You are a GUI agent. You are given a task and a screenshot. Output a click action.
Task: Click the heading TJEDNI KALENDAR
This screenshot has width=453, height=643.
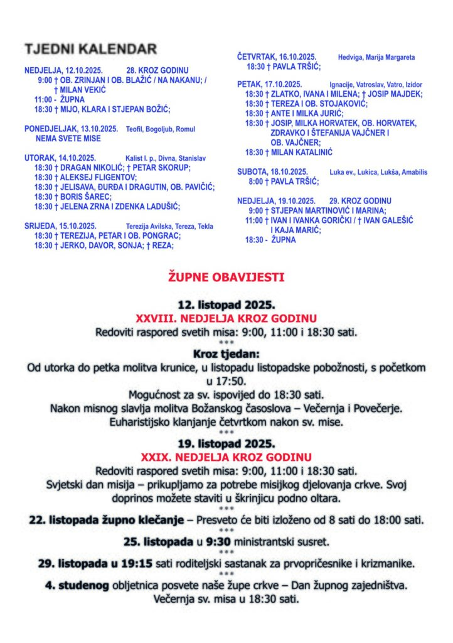click(x=90, y=49)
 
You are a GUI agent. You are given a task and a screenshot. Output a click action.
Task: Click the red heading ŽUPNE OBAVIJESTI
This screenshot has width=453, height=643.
click(x=226, y=276)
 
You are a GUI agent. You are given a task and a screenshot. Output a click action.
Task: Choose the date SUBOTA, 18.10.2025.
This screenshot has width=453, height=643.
click(x=272, y=172)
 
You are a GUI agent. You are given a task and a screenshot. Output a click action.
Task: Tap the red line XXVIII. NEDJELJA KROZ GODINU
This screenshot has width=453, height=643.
click(x=226, y=318)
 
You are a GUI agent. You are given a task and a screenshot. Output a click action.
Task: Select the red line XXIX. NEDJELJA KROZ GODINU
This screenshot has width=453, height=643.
click(x=226, y=457)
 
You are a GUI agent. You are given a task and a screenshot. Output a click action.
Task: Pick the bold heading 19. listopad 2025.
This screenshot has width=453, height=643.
click(x=226, y=443)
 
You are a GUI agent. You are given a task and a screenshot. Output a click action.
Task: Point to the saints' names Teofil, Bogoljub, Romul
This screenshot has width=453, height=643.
click(x=162, y=129)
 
